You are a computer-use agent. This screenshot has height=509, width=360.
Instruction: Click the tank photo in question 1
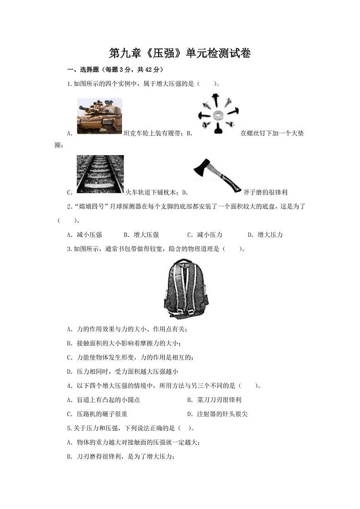coord(99,116)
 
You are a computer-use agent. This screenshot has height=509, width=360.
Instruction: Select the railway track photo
coord(100,174)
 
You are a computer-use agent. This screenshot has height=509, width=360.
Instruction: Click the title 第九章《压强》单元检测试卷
coord(180,54)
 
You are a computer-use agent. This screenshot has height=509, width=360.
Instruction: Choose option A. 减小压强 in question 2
coord(84,235)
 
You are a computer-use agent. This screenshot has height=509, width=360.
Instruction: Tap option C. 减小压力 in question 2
coord(204,235)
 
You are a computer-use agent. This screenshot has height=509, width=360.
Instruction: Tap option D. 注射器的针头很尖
coord(217,414)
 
